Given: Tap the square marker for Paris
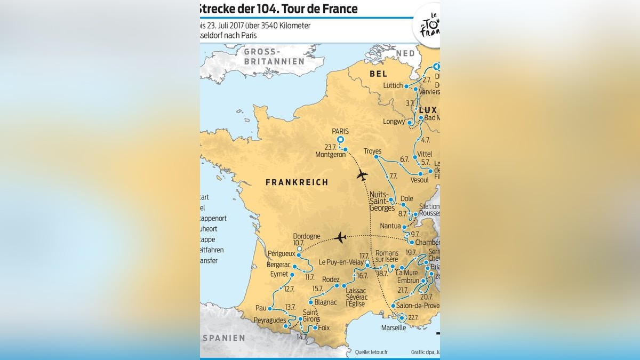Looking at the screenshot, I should point(340,140).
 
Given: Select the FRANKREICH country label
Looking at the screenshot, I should point(297,182).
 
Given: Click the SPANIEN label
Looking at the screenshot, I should point(223,338).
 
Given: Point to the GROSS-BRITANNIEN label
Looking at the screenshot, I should point(274,57).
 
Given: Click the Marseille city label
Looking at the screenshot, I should point(394,327).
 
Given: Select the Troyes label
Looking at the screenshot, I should point(372,151).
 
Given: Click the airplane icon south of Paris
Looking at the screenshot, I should point(362,174).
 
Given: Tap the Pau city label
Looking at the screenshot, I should point(261,308).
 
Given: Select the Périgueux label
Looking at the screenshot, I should point(281,254).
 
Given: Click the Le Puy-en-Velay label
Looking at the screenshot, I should point(341,262).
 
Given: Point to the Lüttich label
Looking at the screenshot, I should point(393,86).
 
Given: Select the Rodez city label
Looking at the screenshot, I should point(331,279).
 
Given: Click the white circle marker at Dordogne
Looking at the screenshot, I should point(300,249).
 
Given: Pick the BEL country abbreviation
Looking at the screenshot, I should point(378,74).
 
